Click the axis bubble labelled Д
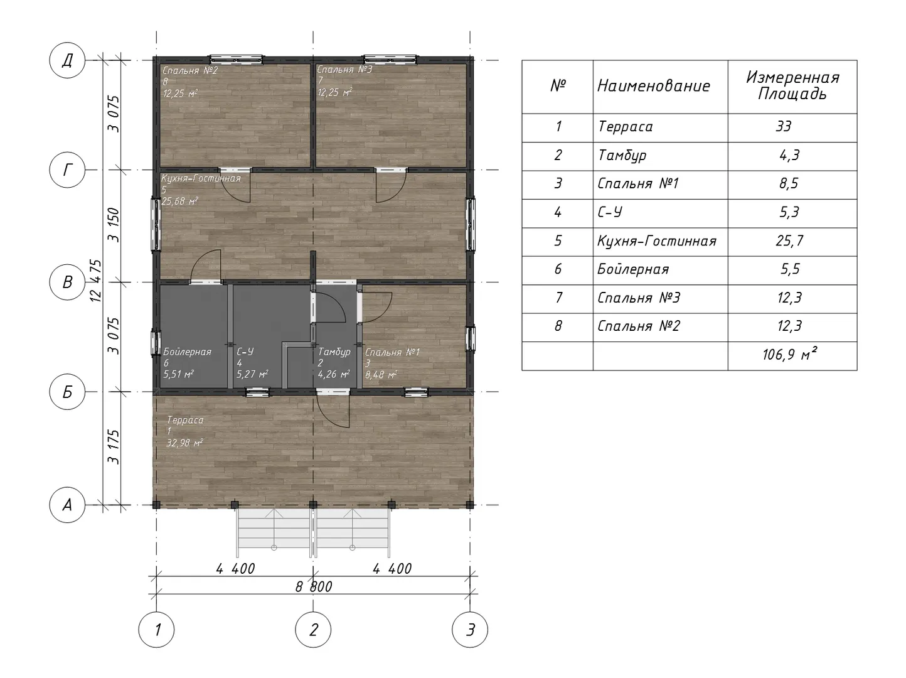[67, 60]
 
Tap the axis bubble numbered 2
[313, 630]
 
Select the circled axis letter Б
[67, 392]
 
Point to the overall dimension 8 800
[314, 587]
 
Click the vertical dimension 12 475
[96, 281]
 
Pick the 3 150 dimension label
[114, 225]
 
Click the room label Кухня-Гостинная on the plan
[201, 178]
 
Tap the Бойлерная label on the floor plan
[187, 352]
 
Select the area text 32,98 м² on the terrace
[184, 443]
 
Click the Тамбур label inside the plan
[334, 352]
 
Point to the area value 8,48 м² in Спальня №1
[381, 375]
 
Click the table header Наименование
[654, 86]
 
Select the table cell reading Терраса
[626, 126]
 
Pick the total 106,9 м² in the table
[789, 355]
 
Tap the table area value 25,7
[789, 240]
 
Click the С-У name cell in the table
[610, 212]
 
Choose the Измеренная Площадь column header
[792, 86]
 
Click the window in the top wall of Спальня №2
[237, 60]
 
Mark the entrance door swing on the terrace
[334, 411]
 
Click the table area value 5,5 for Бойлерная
[789, 269]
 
